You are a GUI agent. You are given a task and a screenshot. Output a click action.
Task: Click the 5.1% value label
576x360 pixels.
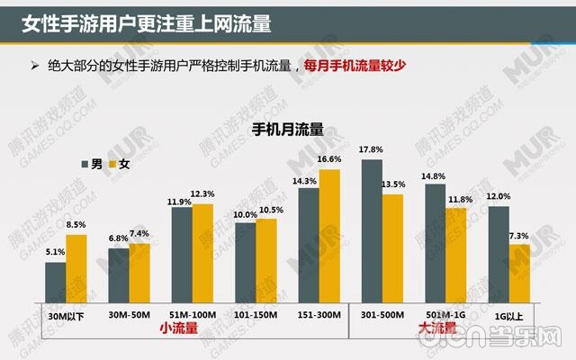point(55,253)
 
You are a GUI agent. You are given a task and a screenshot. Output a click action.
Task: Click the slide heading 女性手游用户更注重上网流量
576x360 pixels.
point(148,20)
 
